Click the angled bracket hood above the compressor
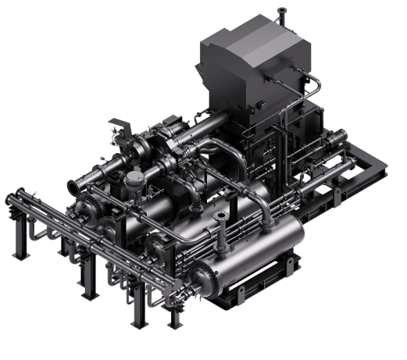117,125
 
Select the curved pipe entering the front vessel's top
270,211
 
